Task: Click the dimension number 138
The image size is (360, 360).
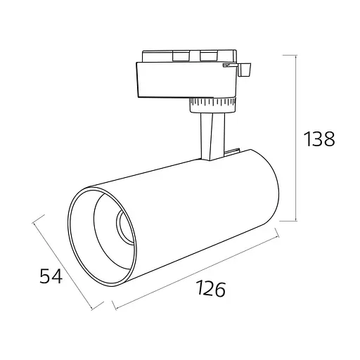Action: [x=319, y=139]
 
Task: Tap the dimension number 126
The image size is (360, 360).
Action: [x=210, y=289]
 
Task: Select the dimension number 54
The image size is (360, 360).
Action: [x=51, y=276]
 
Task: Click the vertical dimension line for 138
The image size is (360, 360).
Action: [x=296, y=138]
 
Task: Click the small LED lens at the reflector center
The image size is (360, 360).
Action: [x=124, y=226]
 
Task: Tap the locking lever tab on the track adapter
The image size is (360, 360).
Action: [x=245, y=69]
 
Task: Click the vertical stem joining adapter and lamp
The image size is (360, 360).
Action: [x=213, y=136]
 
